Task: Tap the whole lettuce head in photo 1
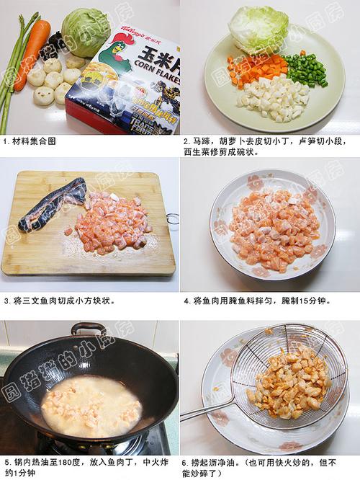85,32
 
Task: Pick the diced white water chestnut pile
277,99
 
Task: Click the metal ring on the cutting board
172,218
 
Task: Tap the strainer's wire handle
205,412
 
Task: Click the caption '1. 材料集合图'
30,141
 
